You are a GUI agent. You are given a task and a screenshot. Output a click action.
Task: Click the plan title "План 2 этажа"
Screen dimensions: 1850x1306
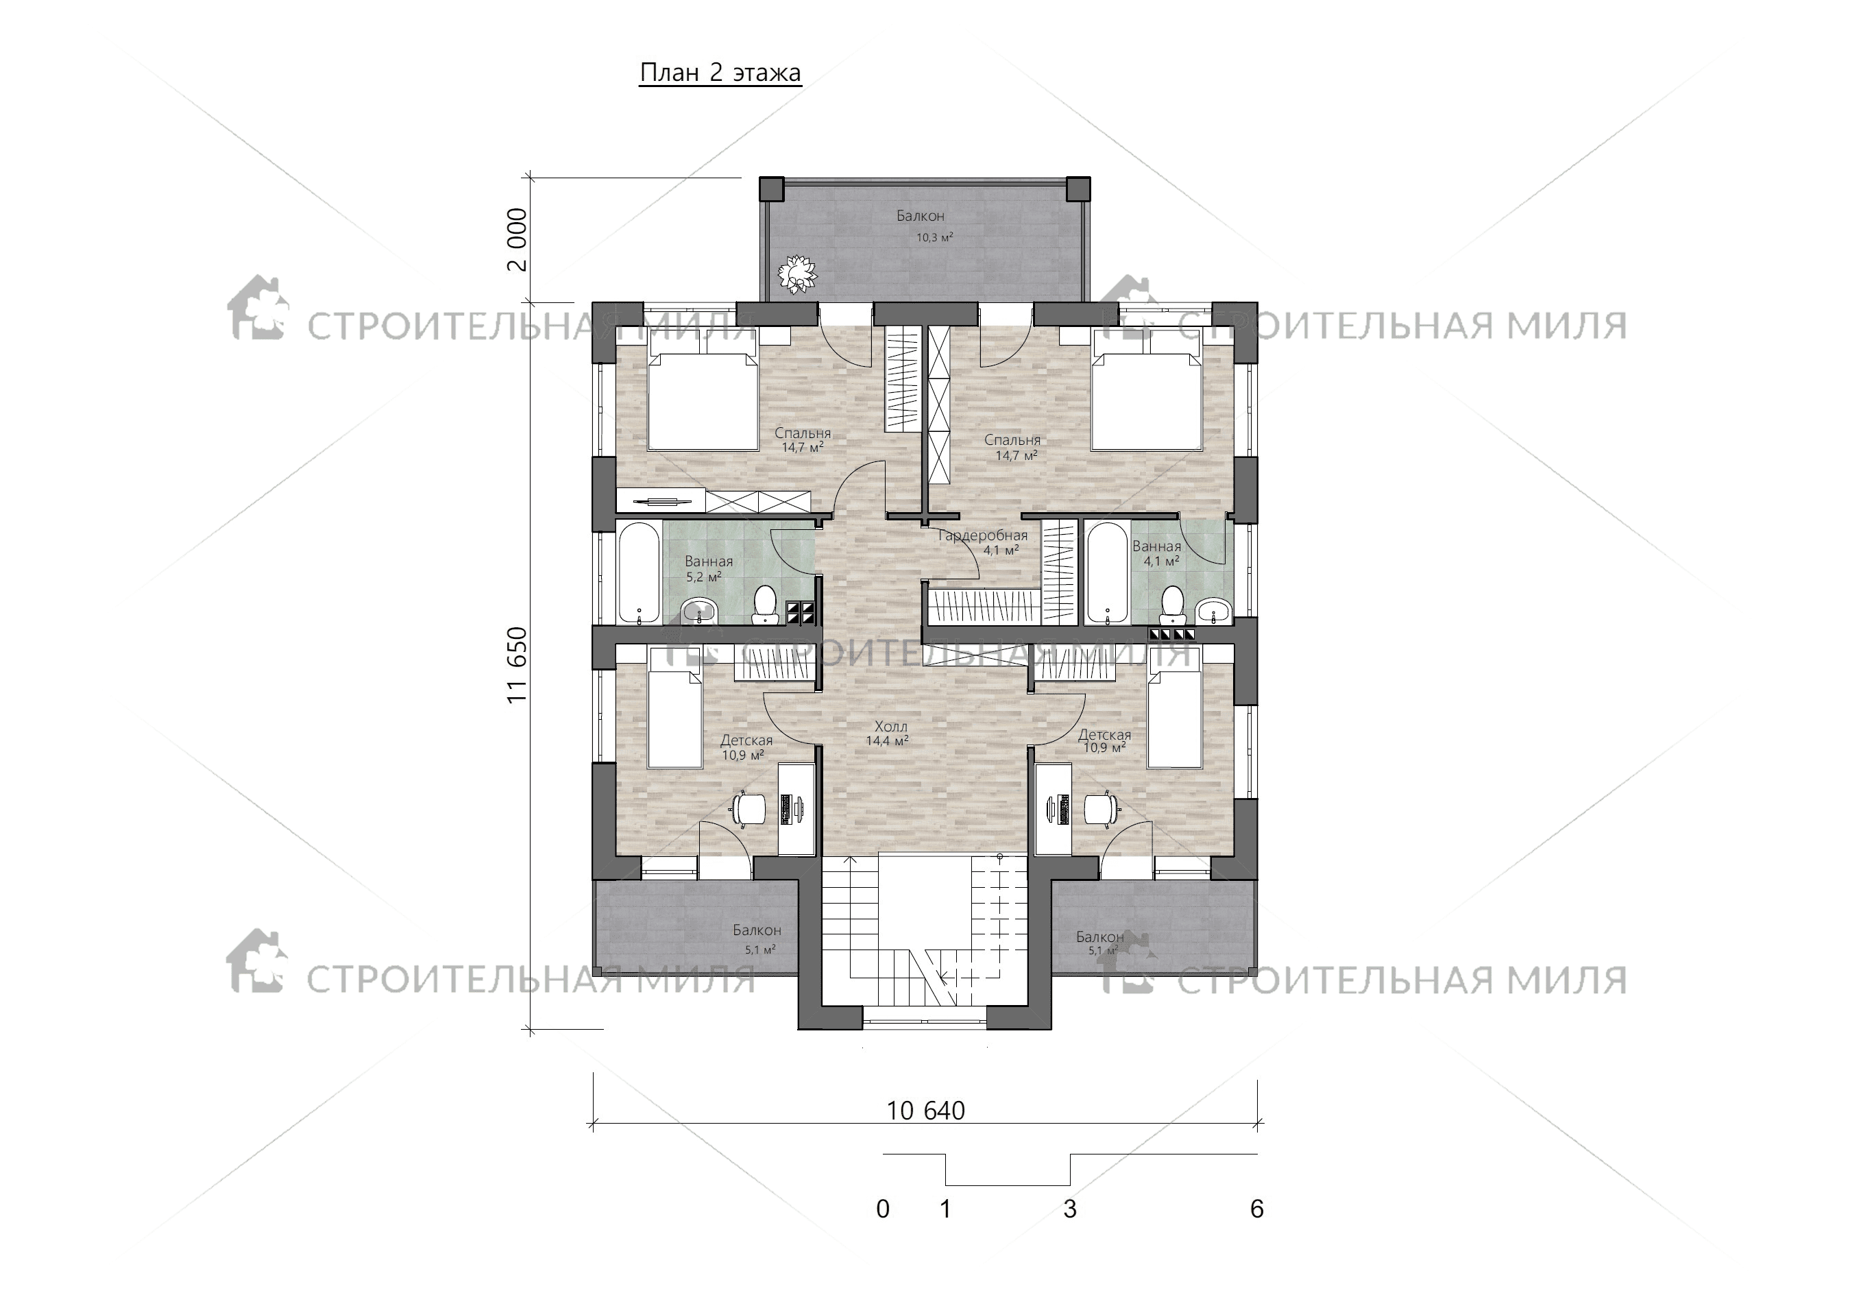pos(720,73)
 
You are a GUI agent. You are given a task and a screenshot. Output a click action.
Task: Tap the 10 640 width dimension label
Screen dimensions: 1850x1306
pos(926,1111)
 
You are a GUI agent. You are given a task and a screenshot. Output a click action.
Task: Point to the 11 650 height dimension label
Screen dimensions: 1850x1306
pos(518,665)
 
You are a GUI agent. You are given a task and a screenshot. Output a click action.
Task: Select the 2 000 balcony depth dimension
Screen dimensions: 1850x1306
pos(518,239)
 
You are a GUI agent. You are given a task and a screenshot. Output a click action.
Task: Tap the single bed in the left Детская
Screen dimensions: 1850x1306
pos(674,708)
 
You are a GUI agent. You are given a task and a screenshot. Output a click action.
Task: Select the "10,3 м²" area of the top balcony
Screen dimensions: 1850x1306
pos(935,238)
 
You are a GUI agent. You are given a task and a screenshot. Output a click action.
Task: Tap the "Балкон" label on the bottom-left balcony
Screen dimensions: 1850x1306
pos(757,930)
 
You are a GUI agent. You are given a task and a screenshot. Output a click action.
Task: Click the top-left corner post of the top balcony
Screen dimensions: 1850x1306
pos(772,189)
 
